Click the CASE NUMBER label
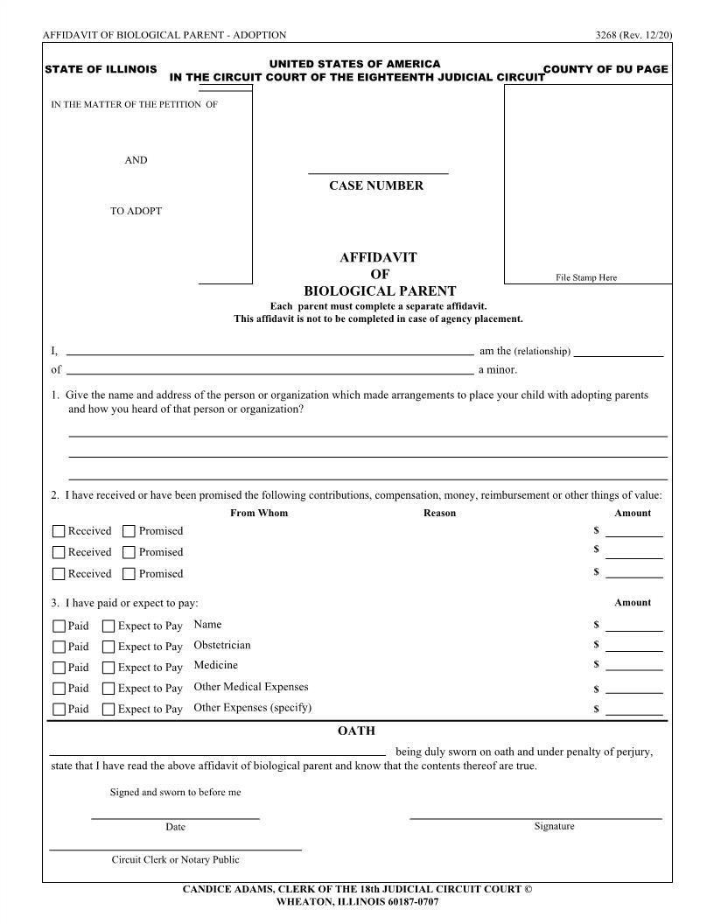(375, 185)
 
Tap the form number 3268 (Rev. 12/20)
(633, 35)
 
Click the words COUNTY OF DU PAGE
(605, 69)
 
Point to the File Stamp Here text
(586, 277)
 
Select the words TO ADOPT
(136, 211)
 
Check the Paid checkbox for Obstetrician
(59, 647)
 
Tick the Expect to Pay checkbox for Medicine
(108, 668)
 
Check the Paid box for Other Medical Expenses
(59, 689)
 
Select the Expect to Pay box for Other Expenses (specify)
(108, 710)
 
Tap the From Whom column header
(259, 513)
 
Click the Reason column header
(439, 513)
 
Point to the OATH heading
(356, 731)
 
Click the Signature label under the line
(554, 826)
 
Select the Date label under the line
(175, 827)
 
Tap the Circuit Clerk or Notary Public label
(175, 859)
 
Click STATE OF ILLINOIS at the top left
(101, 69)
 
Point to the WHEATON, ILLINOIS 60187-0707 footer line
(357, 901)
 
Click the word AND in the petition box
(136, 160)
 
